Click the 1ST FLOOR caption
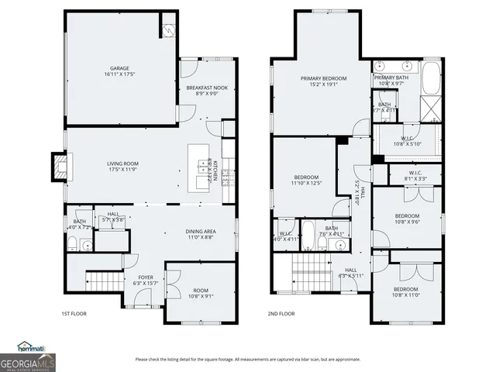(74, 314)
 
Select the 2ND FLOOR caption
(281, 314)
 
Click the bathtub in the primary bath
(431, 77)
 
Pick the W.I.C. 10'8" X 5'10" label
(407, 140)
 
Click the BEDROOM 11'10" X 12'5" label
(305, 180)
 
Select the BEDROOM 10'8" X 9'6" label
(407, 219)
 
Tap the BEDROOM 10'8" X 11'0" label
(407, 291)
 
